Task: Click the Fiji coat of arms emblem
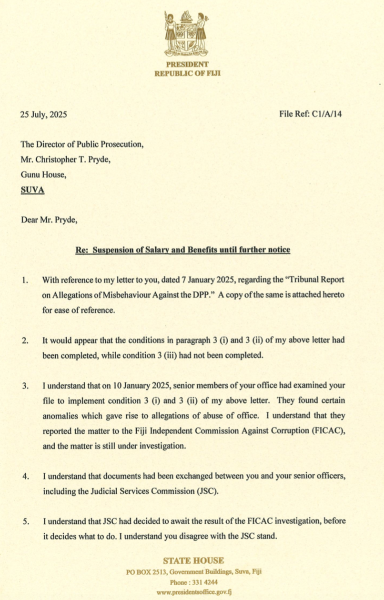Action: pos(187,33)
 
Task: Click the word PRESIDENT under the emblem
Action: pos(187,64)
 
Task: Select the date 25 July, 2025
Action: pos(43,114)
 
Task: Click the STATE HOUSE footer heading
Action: pos(193,560)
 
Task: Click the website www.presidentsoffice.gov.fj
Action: pos(193,592)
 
